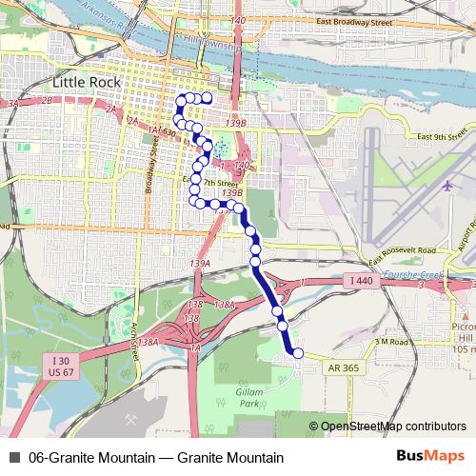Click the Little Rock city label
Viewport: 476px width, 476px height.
pyautogui.click(x=89, y=83)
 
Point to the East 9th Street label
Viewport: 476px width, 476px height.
pyautogui.click(x=446, y=137)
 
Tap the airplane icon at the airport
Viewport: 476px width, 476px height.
pyautogui.click(x=447, y=185)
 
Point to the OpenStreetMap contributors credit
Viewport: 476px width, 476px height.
pyautogui.click(x=387, y=426)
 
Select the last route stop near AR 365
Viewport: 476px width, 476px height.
pyautogui.click(x=297, y=353)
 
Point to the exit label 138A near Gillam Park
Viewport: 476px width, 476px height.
pyautogui.click(x=225, y=304)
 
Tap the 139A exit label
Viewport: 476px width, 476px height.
pyautogui.click(x=200, y=263)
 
